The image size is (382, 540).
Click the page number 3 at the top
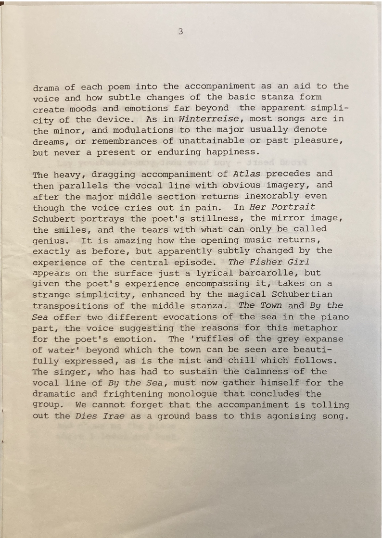pyautogui.click(x=180, y=32)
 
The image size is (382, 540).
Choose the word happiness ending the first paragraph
pyautogui.click(x=230, y=152)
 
